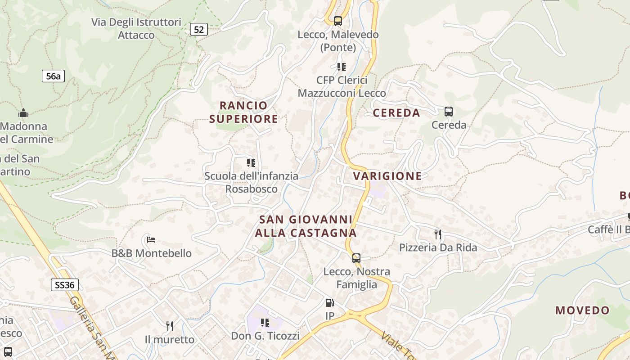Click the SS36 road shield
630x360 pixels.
[65, 285]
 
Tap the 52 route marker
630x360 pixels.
[198, 30]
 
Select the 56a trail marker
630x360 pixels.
[53, 76]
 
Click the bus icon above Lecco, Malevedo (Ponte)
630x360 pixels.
[338, 21]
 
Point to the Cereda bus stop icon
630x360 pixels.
[448, 112]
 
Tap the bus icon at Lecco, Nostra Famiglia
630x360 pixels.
[356, 258]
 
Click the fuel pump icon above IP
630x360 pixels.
[330, 303]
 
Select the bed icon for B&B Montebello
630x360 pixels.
[151, 239]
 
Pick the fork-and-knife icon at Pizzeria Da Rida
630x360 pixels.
[437, 234]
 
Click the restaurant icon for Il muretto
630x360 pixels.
[170, 326]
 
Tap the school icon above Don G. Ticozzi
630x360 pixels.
[265, 323]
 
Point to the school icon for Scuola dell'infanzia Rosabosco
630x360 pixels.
[251, 162]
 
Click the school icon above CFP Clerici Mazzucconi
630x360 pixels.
[342, 67]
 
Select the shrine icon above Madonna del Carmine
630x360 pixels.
[23, 113]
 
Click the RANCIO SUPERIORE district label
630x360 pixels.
[243, 112]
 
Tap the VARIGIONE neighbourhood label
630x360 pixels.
[387, 176]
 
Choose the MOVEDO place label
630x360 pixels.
[582, 310]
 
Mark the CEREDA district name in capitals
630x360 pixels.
[396, 113]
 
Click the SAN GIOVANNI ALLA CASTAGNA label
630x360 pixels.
[306, 226]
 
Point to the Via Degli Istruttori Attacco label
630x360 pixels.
[136, 28]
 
